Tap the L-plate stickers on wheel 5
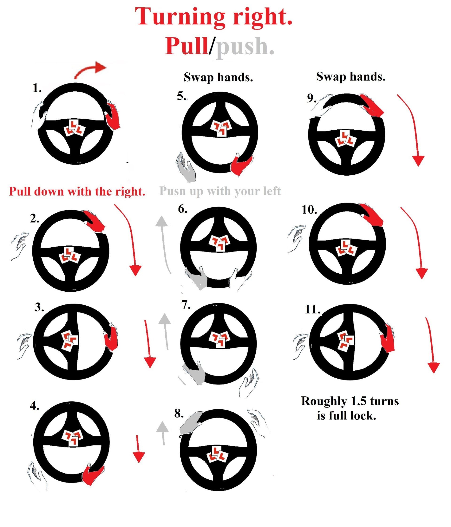pyautogui.click(x=221, y=128)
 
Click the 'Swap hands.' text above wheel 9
pyautogui.click(x=351, y=77)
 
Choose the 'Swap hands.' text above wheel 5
pyautogui.click(x=218, y=77)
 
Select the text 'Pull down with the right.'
pyautogui.click(x=77, y=191)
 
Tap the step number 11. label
pyautogui.click(x=312, y=310)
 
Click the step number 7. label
pyautogui.click(x=186, y=305)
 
